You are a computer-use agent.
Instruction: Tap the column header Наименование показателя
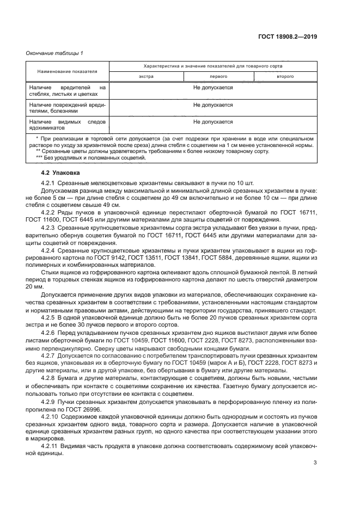click(x=68, y=71)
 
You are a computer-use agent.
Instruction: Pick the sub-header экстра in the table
click(x=147, y=77)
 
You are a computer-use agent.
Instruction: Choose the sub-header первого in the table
click(x=211, y=77)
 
